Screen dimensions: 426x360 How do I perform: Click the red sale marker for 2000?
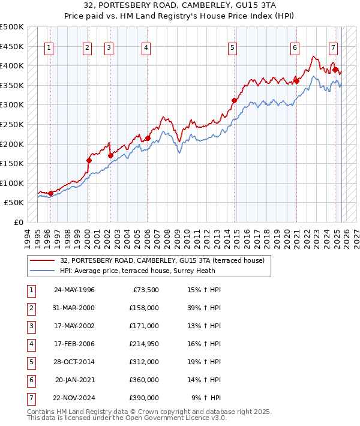89,160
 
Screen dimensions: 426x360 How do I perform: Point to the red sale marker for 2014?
234,100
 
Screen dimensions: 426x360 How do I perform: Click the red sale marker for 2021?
296,82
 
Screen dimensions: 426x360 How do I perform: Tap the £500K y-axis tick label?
12,27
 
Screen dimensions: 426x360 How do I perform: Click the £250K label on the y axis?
12,124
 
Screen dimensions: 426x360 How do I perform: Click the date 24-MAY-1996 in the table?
74,290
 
